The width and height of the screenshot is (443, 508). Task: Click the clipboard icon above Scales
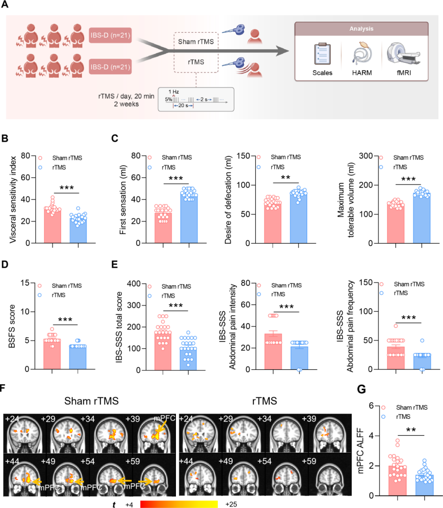[x=322, y=54]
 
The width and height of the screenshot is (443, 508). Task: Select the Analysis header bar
[x=361, y=29]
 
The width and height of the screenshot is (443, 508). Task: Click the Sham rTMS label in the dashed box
[x=196, y=41]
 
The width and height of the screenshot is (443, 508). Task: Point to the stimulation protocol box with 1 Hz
[x=196, y=99]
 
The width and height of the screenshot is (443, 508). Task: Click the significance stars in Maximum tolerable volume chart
[x=408, y=179]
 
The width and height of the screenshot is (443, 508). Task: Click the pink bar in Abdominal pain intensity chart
[x=273, y=352]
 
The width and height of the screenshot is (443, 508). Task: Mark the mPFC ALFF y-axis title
[x=361, y=451]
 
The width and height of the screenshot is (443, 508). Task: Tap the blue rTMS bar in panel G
[x=425, y=485]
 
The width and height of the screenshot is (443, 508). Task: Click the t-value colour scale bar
[x=179, y=504]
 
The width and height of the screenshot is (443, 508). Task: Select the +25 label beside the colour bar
[x=231, y=504]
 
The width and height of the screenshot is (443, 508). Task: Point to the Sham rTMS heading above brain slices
[x=91, y=401]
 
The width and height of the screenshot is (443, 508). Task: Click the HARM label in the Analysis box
[x=362, y=73]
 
